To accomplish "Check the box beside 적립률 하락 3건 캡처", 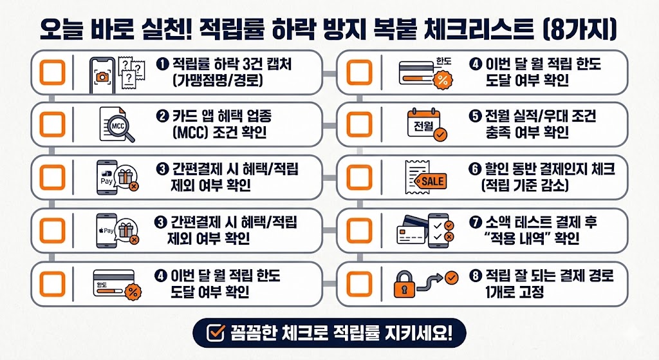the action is [52, 72].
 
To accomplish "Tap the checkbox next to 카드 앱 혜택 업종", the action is [52, 124].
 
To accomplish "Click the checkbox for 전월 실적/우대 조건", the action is [359, 124].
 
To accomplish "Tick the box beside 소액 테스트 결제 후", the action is [359, 231].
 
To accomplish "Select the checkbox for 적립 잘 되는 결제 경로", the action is [359, 284].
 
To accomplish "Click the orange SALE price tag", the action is [431, 181].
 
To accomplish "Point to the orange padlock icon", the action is [404, 285].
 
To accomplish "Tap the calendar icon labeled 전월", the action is [424, 123].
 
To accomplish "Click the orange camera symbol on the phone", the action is [102, 77].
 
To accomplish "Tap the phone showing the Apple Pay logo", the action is [106, 231].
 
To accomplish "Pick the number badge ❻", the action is [474, 169].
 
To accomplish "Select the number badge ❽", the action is [476, 276].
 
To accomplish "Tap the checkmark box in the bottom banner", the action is [216, 333].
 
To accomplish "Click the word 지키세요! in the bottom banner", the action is [418, 333].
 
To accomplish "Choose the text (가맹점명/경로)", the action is [218, 80].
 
